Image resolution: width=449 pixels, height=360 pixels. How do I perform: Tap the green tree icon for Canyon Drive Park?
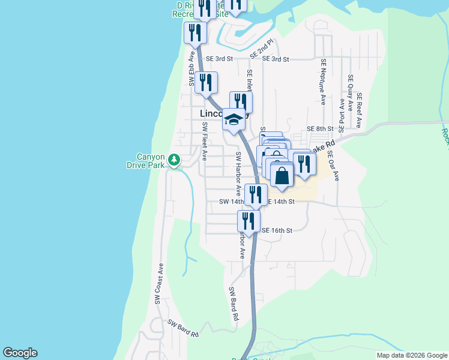[174, 160]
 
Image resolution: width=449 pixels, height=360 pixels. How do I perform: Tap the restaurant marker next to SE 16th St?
[249, 220]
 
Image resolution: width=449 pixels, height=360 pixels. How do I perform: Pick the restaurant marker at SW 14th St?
[256, 194]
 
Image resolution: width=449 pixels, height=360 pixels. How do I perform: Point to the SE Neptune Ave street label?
[323, 82]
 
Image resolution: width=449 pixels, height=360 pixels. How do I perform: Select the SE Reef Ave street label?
[359, 110]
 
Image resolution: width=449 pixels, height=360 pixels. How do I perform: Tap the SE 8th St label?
[319, 129]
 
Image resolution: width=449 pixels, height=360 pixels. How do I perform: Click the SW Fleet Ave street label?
[205, 142]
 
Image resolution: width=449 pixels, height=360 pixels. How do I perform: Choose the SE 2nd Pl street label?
[262, 49]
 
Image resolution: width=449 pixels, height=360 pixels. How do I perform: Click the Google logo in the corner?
[20, 353]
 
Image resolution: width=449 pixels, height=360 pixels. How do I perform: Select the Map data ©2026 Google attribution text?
[411, 355]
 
